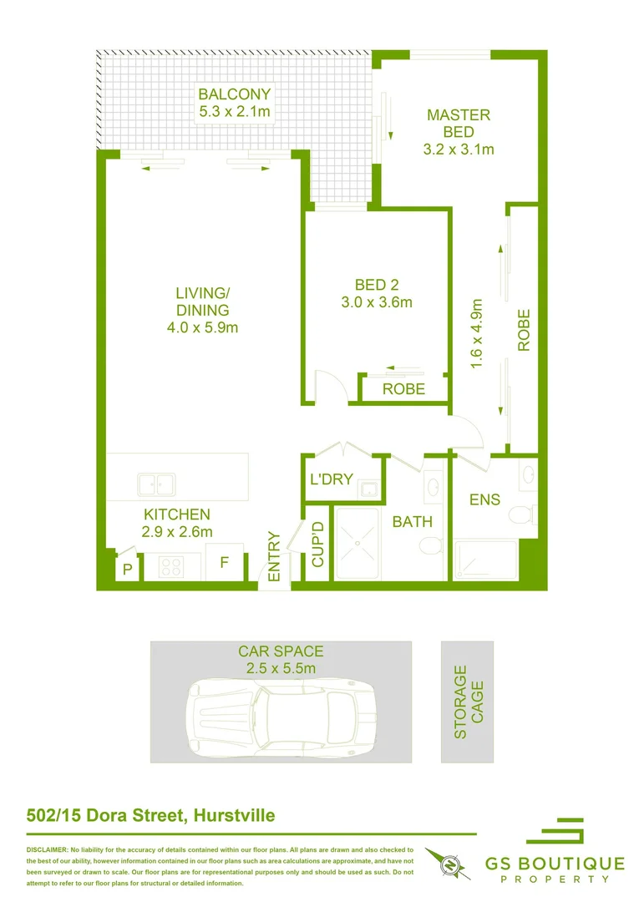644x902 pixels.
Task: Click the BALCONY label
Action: [234, 94]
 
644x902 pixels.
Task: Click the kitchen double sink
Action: [156, 484]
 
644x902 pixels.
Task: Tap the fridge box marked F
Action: [224, 564]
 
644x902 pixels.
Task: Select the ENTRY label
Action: [273, 556]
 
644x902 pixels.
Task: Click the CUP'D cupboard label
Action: [317, 545]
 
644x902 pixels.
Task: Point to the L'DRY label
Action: [331, 479]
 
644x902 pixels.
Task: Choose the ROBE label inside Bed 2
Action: [403, 389]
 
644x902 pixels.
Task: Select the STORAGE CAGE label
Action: [469, 702]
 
